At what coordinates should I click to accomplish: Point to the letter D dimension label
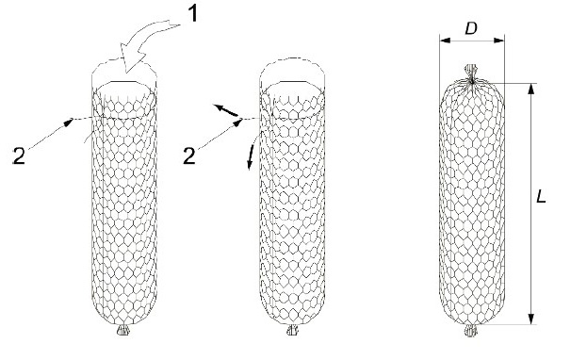471,30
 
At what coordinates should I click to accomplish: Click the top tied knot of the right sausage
473,74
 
